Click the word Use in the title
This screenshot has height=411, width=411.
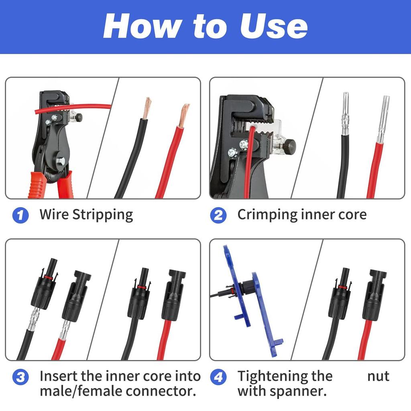pos(273,26)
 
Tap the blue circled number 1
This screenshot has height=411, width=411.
pos(20,215)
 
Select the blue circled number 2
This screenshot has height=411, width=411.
pos(218,215)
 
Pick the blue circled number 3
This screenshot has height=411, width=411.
pos(20,377)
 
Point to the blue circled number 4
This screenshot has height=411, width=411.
pos(218,377)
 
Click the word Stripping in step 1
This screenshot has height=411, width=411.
pos(102,215)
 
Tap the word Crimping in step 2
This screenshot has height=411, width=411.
pos(267,215)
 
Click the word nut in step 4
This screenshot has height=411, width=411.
pos(378,376)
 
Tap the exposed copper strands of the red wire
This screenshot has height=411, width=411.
pos(184,116)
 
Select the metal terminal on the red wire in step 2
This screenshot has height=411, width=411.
pos(383,120)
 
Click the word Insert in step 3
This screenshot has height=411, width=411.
pos(59,376)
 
